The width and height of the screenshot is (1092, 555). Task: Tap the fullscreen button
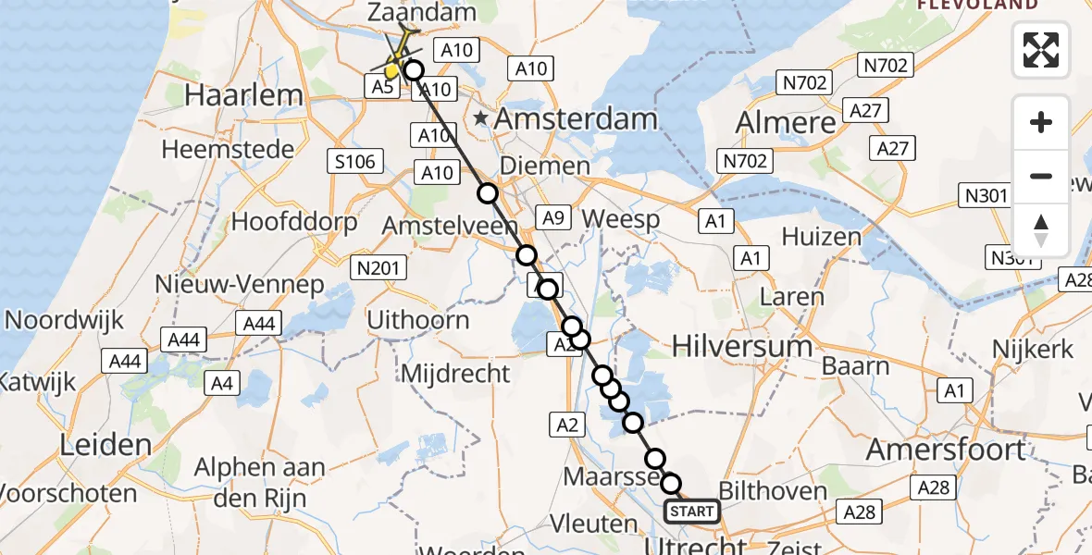click(1041, 50)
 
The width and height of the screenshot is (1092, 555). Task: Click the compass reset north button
click(1041, 230)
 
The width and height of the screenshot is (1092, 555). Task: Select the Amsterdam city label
click(576, 118)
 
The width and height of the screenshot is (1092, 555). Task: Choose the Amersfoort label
click(946, 450)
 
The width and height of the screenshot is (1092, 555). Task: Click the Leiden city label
click(105, 445)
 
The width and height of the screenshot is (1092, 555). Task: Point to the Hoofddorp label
click(293, 222)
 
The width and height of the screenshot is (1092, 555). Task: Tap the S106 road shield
click(355, 163)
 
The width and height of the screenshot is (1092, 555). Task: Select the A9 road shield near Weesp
click(552, 218)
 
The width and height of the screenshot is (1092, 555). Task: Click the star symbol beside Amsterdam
click(481, 118)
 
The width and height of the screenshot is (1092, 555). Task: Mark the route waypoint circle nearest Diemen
click(488, 193)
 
